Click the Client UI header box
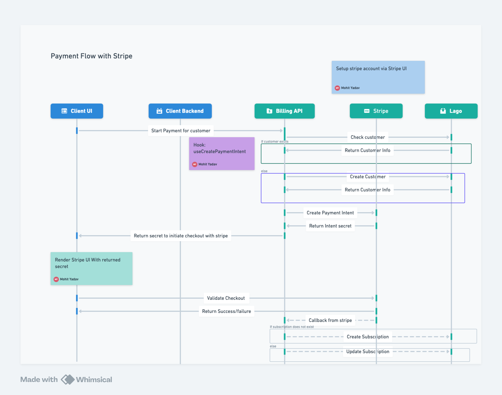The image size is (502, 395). point(77,111)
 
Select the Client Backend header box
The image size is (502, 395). point(180,111)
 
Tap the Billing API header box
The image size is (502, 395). point(284,111)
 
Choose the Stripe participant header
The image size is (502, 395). point(376,111)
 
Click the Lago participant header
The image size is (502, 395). point(451,111)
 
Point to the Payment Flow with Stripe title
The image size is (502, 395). point(91,56)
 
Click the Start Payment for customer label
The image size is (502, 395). point(181,131)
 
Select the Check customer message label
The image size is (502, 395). point(368,137)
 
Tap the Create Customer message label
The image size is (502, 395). point(368,177)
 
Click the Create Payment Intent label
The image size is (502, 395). point(330,213)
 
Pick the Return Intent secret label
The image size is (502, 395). point(330,226)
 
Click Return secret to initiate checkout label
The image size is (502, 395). point(181,236)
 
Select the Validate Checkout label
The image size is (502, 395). point(226,298)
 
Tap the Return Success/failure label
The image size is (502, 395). point(226,311)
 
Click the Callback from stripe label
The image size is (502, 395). point(330,320)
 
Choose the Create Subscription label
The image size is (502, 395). point(368,337)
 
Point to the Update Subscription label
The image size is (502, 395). point(368,351)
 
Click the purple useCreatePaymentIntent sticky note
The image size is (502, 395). point(222,154)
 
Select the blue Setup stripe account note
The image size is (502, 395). point(378,77)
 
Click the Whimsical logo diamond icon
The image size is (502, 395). point(68,379)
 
